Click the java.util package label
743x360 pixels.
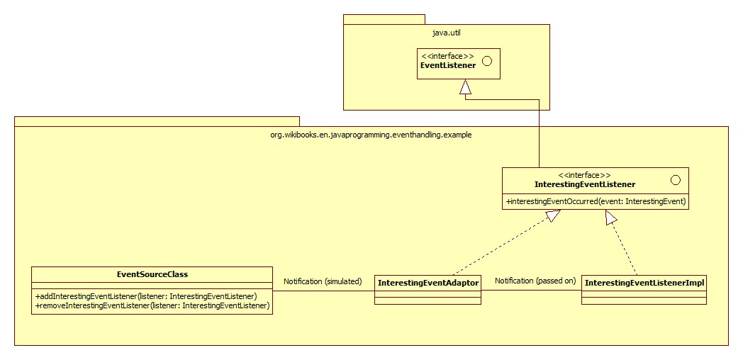point(446,33)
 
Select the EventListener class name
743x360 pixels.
point(448,65)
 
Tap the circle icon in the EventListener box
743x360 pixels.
point(486,61)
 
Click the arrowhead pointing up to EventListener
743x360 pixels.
point(466,86)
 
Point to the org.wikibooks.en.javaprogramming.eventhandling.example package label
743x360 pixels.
point(371,135)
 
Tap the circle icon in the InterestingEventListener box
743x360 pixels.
point(676,180)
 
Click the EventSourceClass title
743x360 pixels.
point(152,274)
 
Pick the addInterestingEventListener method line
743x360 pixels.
point(146,296)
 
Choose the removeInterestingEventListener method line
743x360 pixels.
point(152,306)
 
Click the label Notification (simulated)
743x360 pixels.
point(323,281)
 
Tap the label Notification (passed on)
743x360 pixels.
point(535,281)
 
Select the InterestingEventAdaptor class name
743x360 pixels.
point(428,283)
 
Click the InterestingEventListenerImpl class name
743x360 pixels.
point(644,283)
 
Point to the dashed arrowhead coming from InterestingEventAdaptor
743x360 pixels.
point(552,216)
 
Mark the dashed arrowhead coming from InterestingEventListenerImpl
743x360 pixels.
point(610,218)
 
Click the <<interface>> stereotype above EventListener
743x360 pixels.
point(447,57)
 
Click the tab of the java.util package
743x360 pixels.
point(384,19)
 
